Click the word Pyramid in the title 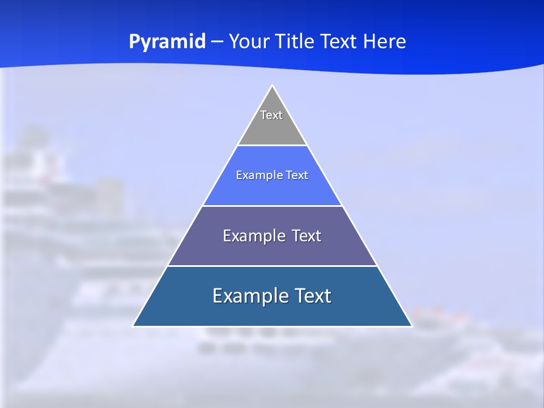[x=167, y=42]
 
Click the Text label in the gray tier [x=271, y=115]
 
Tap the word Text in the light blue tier [x=297, y=176]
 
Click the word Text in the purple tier [x=307, y=236]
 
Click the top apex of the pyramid [x=272, y=86]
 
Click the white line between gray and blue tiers [x=272, y=146]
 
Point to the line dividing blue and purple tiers [x=272, y=206]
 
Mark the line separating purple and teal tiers [x=272, y=266]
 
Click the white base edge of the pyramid [x=272, y=326]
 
